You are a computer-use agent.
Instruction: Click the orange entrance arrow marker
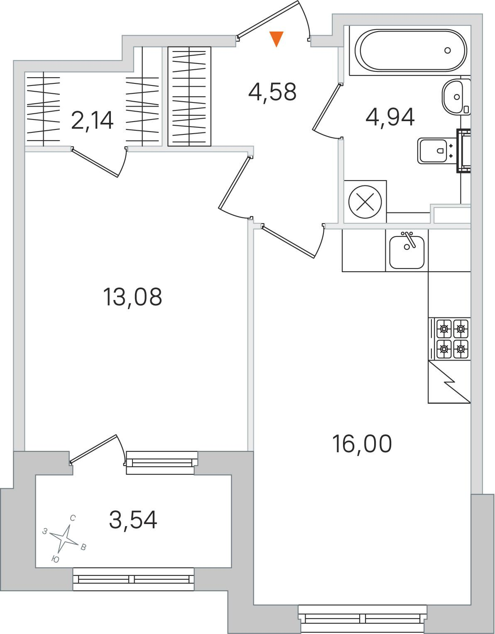click(276, 39)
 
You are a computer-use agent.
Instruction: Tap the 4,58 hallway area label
click(272, 92)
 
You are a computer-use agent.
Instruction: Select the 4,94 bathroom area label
click(390, 117)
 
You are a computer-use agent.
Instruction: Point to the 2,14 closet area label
click(92, 121)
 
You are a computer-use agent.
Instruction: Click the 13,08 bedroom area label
click(132, 297)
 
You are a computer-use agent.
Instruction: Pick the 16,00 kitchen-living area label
click(362, 444)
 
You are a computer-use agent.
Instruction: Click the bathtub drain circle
click(447, 51)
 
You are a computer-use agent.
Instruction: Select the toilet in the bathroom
click(437, 151)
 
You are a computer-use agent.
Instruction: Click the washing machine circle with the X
click(365, 202)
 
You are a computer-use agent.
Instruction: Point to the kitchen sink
click(407, 251)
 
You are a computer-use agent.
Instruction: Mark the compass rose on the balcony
click(64, 539)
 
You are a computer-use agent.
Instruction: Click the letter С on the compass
click(73, 518)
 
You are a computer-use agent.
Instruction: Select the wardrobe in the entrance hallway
click(189, 96)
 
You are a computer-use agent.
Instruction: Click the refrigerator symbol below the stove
click(449, 382)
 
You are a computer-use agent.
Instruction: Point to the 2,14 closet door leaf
click(95, 162)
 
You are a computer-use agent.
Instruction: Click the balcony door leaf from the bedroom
click(93, 449)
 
